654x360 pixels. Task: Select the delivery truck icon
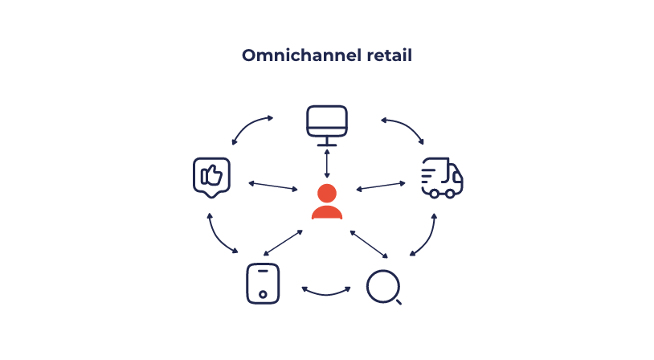tap(442, 178)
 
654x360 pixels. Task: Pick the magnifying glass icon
tap(383, 287)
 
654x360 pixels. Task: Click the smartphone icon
tap(262, 284)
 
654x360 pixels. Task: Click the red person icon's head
tap(326, 194)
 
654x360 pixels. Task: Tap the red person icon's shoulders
tap(327, 212)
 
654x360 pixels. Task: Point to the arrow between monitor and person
tap(327, 163)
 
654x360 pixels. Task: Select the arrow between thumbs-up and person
tap(273, 186)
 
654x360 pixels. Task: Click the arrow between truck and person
tap(381, 186)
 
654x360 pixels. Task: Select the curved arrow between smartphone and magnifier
tap(327, 290)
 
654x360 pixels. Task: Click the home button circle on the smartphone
tap(262, 295)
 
